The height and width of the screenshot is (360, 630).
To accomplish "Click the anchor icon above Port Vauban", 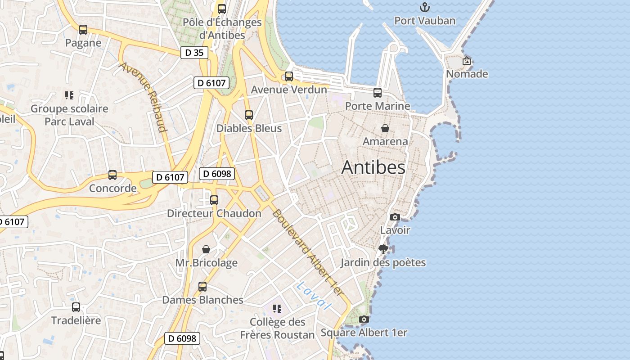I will (424, 7).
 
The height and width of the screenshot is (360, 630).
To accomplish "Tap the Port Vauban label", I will (425, 21).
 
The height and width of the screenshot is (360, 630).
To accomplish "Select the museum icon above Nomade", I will (467, 61).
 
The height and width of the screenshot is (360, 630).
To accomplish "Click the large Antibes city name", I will (373, 167).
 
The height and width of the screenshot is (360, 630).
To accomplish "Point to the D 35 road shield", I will (194, 53).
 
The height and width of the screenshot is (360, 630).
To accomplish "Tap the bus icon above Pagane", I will (83, 30).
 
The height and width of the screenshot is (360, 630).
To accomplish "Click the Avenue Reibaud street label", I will (143, 97).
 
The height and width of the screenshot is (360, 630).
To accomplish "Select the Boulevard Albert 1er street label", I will (308, 253).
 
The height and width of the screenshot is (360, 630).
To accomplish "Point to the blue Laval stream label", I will (314, 296).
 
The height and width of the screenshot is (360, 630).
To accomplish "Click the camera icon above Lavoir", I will (395, 217).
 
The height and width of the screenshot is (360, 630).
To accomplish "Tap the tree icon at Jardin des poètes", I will (383, 249).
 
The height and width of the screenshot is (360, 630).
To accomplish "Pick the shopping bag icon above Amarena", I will (385, 128).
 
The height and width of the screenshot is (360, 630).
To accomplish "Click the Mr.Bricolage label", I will (206, 263).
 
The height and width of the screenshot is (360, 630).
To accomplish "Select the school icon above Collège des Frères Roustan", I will (277, 309).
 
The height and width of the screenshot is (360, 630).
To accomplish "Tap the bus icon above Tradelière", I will (76, 307).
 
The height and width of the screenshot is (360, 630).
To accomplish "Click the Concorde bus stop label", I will (112, 188).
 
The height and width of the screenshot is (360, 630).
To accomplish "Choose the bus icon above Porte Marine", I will (378, 93).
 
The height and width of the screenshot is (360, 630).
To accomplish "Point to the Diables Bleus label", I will (249, 128).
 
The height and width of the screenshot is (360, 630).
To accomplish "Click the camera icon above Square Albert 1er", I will (364, 319).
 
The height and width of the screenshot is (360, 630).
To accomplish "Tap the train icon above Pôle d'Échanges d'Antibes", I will (222, 9).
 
